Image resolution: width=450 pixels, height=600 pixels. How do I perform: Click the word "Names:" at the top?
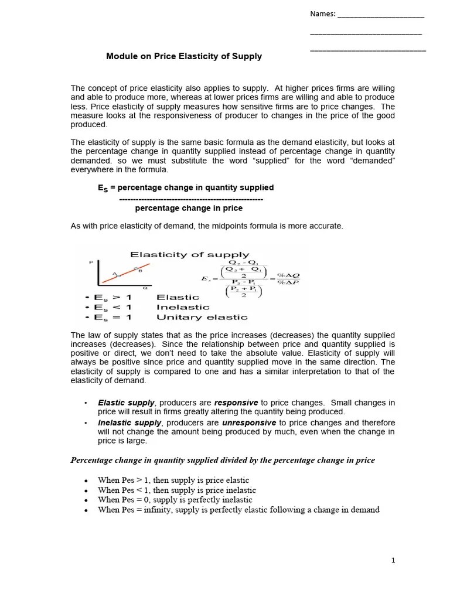pos(322,14)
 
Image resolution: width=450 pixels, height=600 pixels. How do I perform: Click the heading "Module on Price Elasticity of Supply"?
pos(184,57)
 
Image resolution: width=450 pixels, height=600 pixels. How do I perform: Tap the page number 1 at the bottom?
pos(394,560)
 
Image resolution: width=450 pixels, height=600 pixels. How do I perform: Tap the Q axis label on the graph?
pos(145,288)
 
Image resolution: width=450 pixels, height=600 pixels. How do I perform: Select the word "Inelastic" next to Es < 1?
pos(183,307)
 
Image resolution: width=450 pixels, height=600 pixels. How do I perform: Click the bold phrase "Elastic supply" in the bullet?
pos(126,403)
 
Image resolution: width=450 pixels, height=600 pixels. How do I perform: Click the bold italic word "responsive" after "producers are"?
pos(236,403)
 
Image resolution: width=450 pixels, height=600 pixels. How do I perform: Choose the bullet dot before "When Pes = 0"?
pos(86,500)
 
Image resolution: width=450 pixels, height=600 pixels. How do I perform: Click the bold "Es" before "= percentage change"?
pos(103,188)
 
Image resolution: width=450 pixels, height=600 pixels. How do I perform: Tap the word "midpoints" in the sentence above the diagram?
pos(218,226)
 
